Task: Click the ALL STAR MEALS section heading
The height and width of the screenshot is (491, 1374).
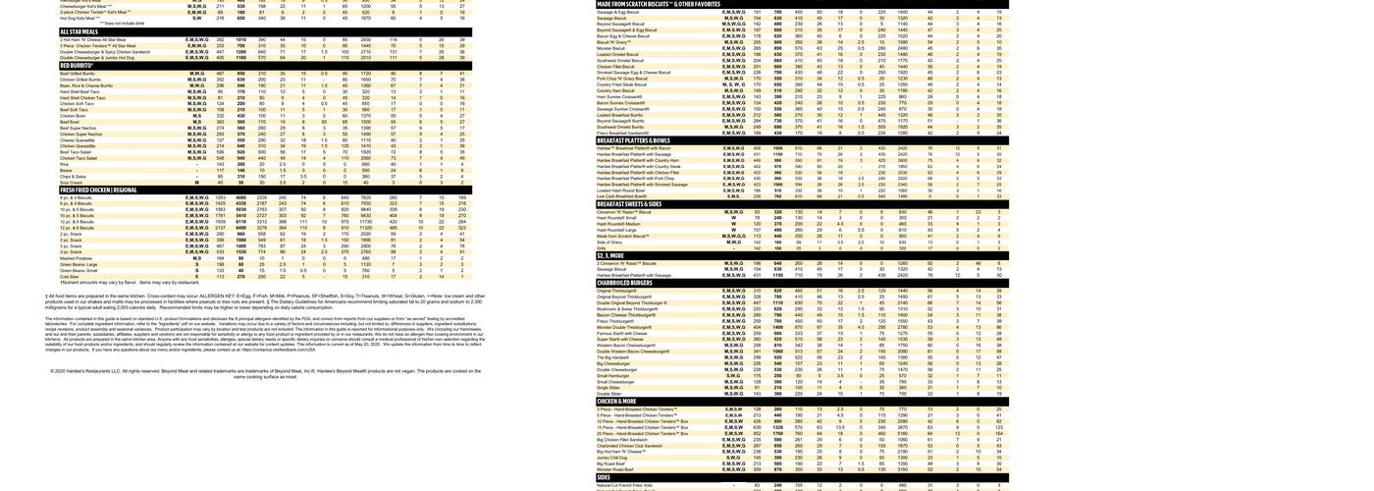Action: pyautogui.click(x=78, y=31)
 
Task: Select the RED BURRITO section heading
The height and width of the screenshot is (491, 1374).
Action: pyautogui.click(x=77, y=65)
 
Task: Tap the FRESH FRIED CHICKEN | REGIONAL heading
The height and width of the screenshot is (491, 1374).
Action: pyautogui.click(x=98, y=191)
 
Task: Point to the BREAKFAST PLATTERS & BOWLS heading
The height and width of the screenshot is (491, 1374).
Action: pyautogui.click(x=633, y=140)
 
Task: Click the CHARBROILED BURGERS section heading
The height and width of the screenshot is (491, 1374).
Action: pyautogui.click(x=624, y=283)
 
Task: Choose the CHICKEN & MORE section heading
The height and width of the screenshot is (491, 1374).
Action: pyautogui.click(x=616, y=401)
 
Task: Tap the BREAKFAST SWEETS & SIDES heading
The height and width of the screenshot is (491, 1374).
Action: pyautogui.click(x=629, y=204)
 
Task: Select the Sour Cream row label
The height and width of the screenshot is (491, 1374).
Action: pyautogui.click(x=72, y=182)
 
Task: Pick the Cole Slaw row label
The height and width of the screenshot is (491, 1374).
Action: pyautogui.click(x=69, y=276)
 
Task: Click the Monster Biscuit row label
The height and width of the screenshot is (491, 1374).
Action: pyautogui.click(x=611, y=47)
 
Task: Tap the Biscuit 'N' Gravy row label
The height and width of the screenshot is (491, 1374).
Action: pyautogui.click(x=613, y=41)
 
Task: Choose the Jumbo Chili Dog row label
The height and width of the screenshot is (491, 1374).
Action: pyautogui.click(x=611, y=457)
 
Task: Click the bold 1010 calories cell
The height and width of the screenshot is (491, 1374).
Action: pyautogui.click(x=241, y=39)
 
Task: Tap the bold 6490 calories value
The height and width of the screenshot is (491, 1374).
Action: pyautogui.click(x=241, y=228)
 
